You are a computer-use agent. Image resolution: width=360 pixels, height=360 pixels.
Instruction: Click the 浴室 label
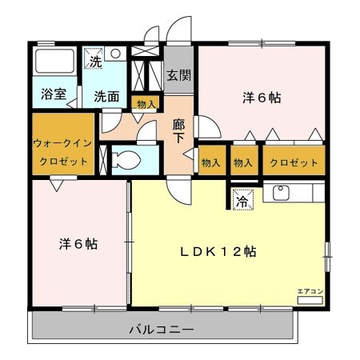pyautogui.click(x=54, y=94)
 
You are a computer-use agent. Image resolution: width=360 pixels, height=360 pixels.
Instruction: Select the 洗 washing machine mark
pyautogui.click(x=95, y=60)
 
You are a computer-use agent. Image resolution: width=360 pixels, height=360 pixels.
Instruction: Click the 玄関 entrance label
pyautogui.click(x=178, y=76)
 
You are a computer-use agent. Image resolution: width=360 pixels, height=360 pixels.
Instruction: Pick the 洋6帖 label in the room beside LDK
pyautogui.click(x=78, y=244)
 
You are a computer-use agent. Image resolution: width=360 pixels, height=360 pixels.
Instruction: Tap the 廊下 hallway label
pyautogui.click(x=179, y=132)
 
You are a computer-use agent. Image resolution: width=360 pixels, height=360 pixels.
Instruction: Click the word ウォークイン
pyautogui.click(x=63, y=144)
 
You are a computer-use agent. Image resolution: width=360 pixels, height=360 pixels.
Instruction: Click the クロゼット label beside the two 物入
pyautogui.click(x=294, y=162)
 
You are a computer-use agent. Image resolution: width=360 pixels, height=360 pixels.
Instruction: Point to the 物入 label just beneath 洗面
pyautogui.click(x=146, y=104)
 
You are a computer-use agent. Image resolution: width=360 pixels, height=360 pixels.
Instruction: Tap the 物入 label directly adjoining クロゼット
pyautogui.click(x=244, y=162)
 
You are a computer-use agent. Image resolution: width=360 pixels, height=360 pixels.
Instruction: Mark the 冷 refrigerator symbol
pyautogui.click(x=242, y=202)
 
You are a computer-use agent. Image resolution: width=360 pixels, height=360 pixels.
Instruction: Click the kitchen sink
pyautogui.click(x=282, y=193)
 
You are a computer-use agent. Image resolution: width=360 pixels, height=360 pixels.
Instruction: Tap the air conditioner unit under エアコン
pyautogui.click(x=310, y=300)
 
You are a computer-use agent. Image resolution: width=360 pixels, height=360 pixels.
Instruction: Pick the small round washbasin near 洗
pyautogui.click(x=116, y=54)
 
